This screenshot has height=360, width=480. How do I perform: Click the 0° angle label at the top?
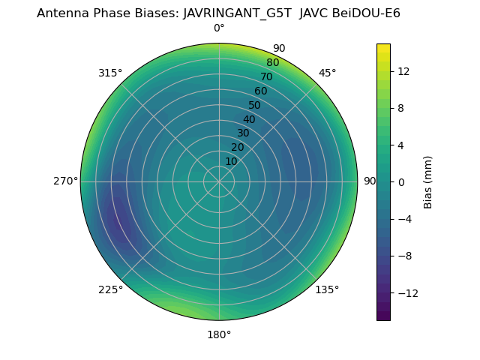coord(219,28)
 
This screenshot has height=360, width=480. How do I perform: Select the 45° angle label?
coord(328,73)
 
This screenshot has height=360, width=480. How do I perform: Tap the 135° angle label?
coord(327,289)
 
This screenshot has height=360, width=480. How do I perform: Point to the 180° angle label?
coord(219,334)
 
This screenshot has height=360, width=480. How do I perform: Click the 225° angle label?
coord(110,289)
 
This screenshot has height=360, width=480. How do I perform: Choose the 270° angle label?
coord(65,181)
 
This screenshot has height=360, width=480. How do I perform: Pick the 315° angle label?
coord(110,73)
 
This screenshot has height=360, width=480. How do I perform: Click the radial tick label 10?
coord(231,161)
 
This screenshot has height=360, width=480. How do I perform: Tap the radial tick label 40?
coord(249,119)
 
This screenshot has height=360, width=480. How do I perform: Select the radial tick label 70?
coord(266,77)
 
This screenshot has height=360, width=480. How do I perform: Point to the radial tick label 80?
coord(272,63)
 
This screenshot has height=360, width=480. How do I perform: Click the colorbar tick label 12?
coord(403,71)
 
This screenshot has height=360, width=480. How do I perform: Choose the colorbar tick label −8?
coord(403,256)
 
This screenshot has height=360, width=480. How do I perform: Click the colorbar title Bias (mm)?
coord(428,181)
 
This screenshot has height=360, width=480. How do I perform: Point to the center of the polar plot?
coord(219,181)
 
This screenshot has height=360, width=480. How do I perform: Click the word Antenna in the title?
coord(61,13)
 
